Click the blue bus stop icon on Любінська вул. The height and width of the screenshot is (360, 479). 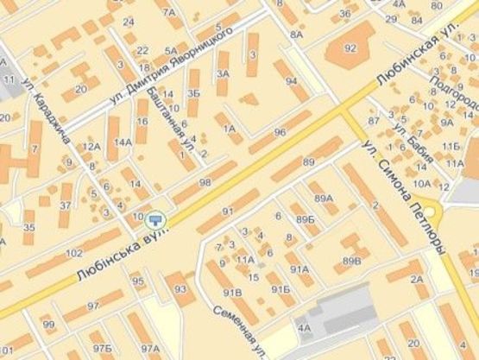(x=155, y=220)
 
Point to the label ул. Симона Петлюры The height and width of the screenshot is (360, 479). (x=404, y=197)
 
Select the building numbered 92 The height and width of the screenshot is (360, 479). (x=350, y=48)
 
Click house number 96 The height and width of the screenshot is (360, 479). (x=279, y=132)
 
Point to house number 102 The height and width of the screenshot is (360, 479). (x=74, y=253)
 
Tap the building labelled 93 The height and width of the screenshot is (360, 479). (x=180, y=289)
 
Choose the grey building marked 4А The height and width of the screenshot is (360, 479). (x=304, y=328)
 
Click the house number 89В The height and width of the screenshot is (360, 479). (x=351, y=260)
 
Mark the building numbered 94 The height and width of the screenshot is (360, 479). (x=292, y=82)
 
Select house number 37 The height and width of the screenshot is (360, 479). (x=66, y=205)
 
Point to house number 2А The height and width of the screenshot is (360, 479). (x=417, y=278)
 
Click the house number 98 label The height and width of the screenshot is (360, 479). (x=205, y=182)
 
